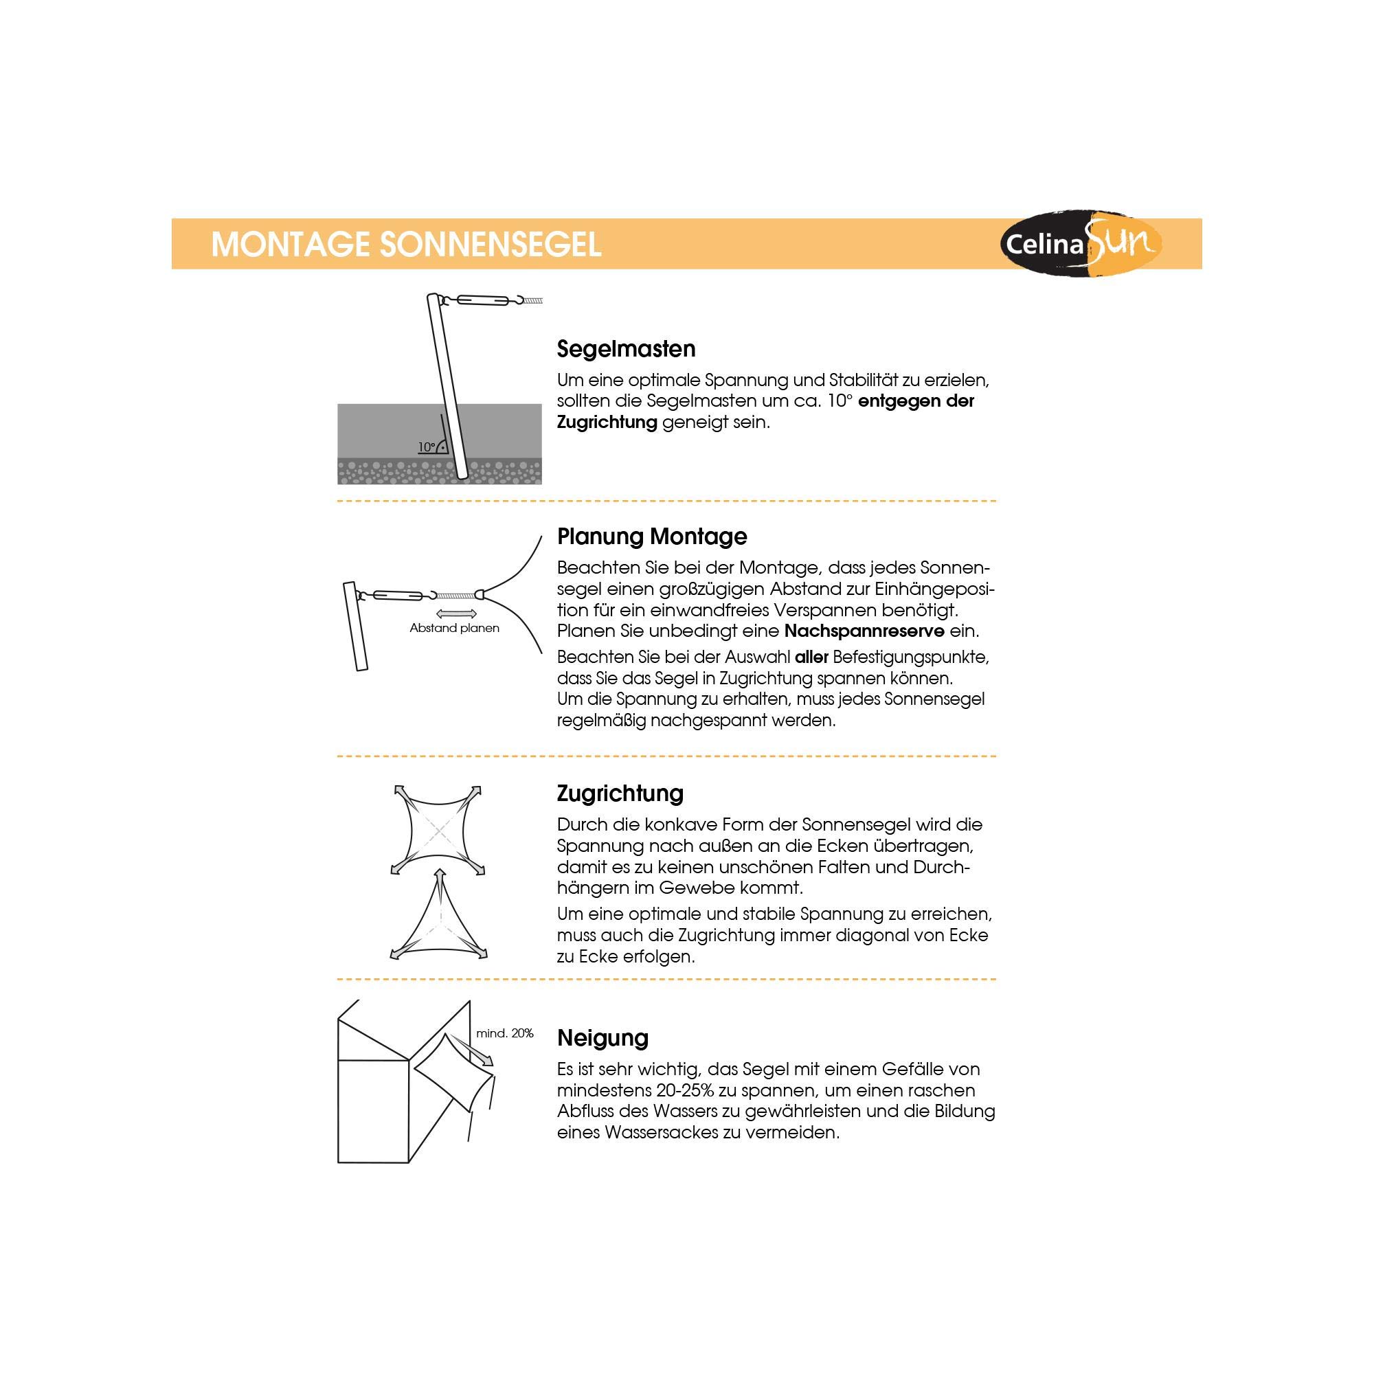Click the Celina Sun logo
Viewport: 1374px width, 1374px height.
tap(1081, 244)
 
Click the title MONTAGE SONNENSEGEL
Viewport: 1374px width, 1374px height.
tap(406, 245)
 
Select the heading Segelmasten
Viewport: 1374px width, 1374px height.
tap(626, 348)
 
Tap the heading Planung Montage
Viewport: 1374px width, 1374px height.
tap(651, 537)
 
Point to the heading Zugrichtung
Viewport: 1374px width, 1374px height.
tap(620, 793)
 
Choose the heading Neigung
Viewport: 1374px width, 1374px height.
tap(602, 1037)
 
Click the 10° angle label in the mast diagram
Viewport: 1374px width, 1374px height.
tap(427, 447)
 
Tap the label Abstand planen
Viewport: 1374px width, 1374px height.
tap(454, 628)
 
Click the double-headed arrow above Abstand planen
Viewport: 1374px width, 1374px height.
tap(456, 613)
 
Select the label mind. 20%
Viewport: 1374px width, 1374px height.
tap(505, 1033)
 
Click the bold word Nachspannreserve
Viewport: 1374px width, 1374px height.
tap(864, 631)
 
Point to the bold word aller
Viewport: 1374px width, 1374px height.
tap(811, 657)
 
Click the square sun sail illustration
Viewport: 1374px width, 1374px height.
tap(437, 830)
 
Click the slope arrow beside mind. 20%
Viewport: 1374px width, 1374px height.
tap(471, 1050)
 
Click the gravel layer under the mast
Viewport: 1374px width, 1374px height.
tap(398, 471)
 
